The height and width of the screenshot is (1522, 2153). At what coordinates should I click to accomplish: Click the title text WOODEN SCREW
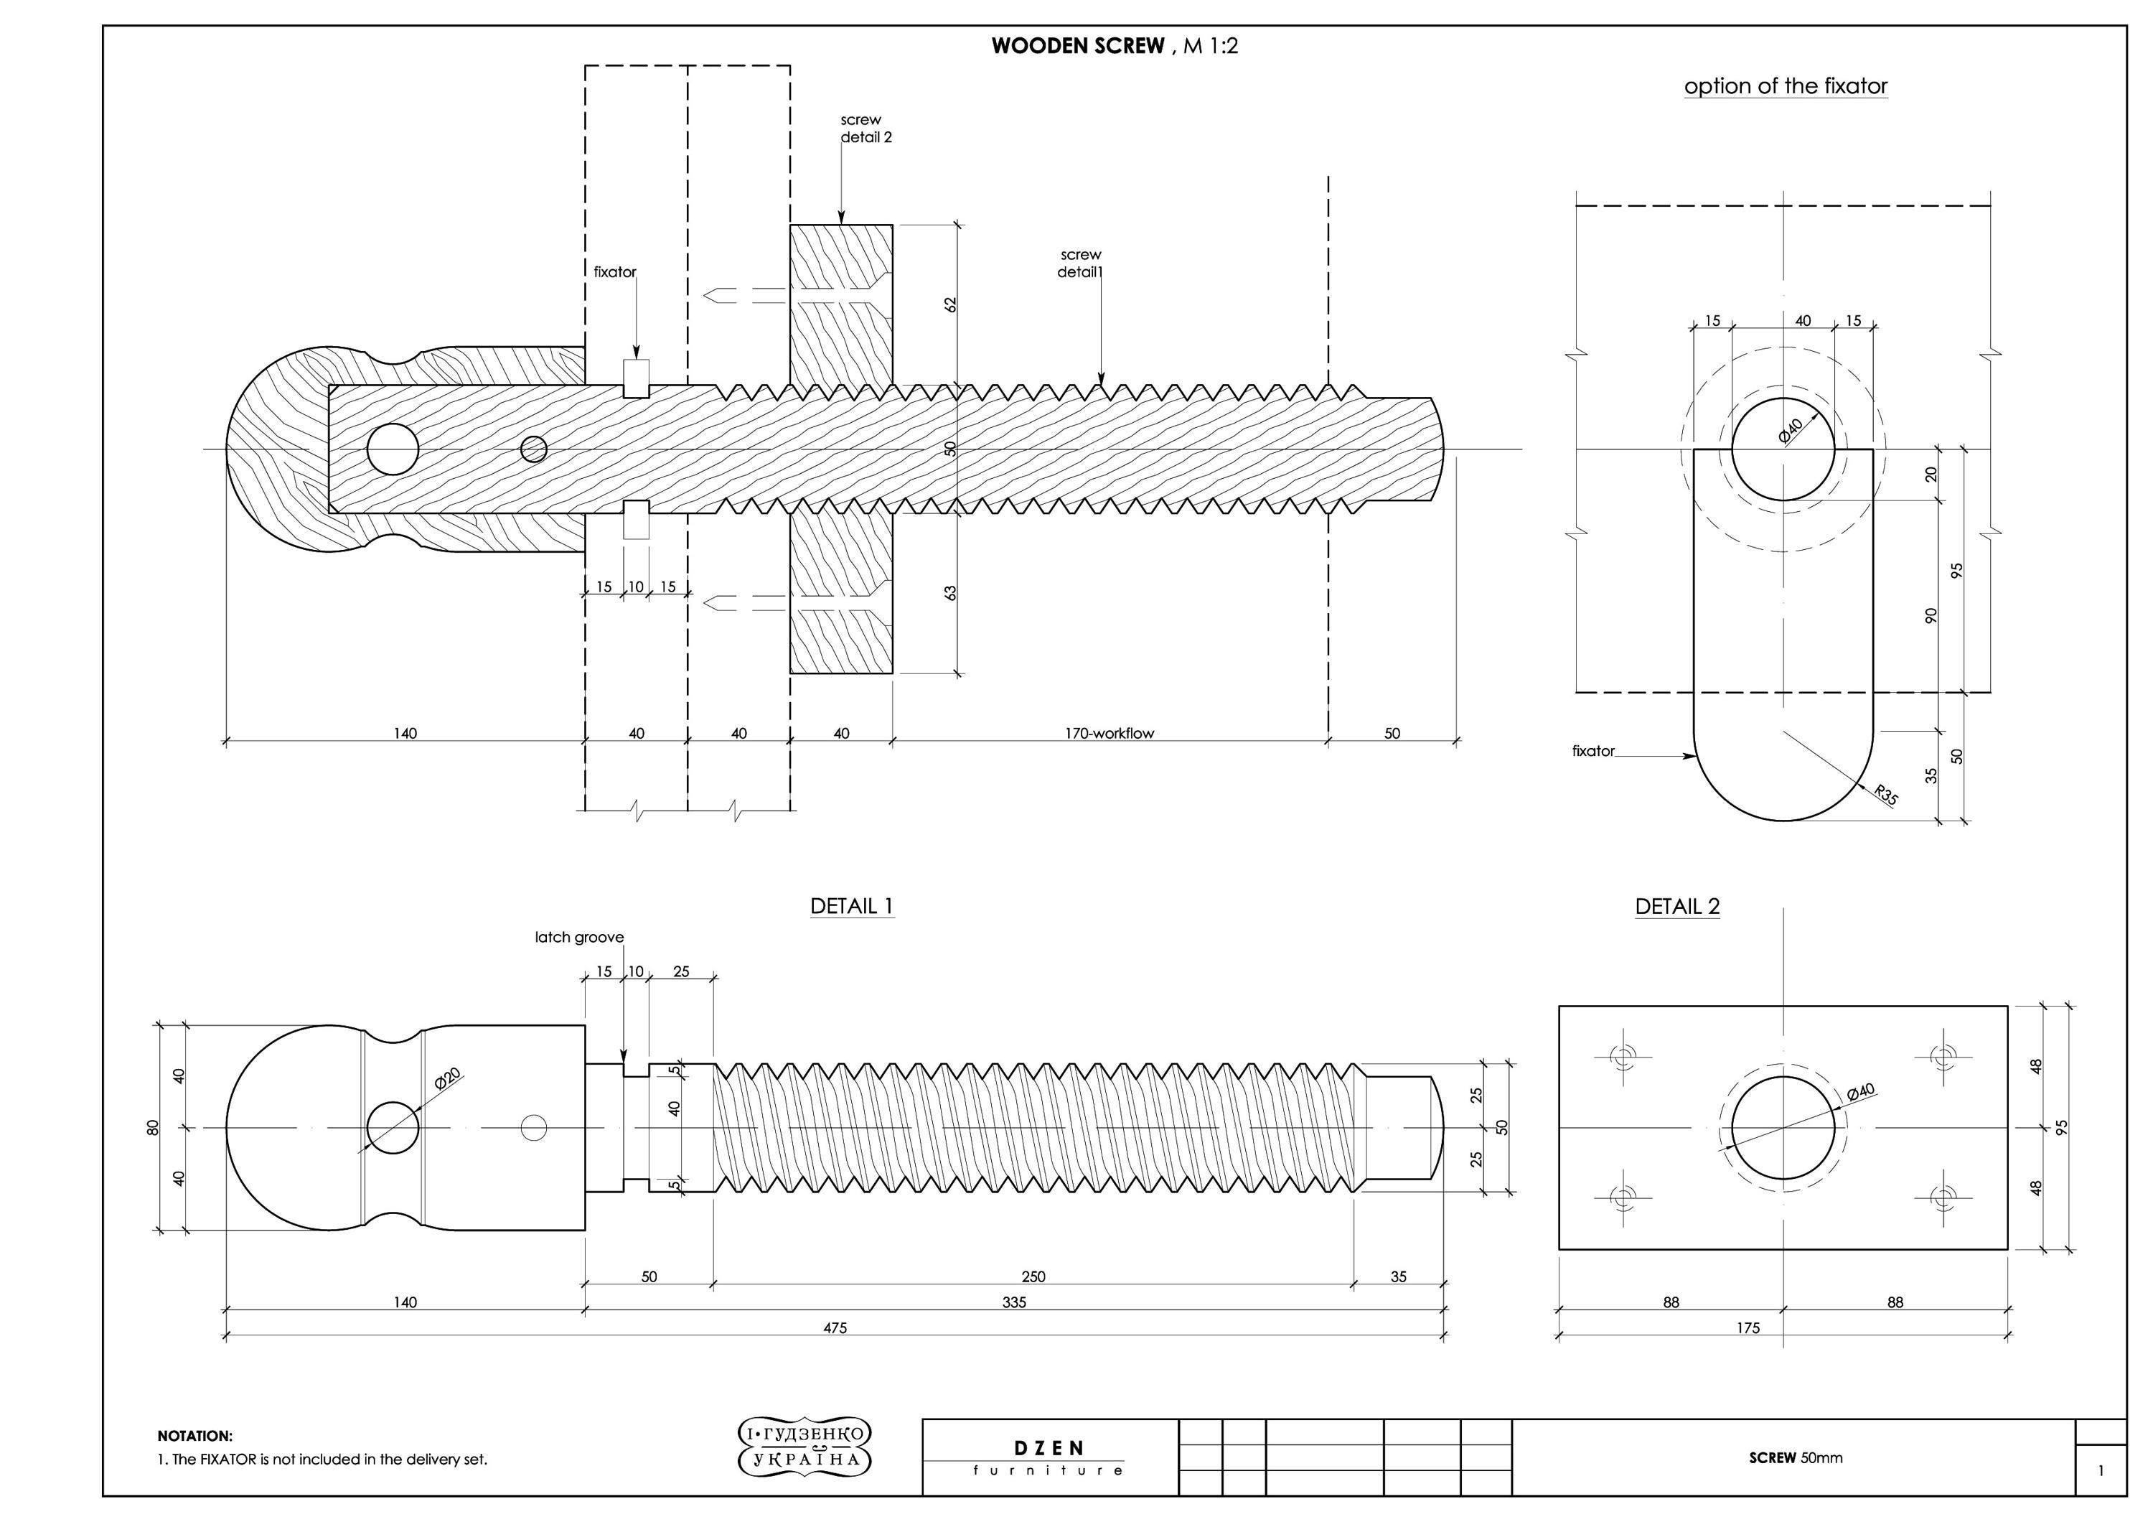tap(1079, 46)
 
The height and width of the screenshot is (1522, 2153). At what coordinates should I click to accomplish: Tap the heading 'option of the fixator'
tap(1786, 86)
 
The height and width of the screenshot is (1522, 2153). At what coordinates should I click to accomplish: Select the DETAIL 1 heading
tap(851, 906)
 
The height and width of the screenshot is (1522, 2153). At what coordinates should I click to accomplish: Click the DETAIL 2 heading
tap(1678, 906)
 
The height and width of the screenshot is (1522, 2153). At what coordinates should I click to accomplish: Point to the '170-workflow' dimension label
tap(1110, 733)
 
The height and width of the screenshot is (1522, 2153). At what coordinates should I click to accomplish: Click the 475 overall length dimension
tap(835, 1328)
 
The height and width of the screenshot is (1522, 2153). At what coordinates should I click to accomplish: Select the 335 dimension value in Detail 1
tap(1013, 1302)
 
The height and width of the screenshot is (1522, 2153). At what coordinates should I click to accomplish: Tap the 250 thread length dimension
tap(1033, 1276)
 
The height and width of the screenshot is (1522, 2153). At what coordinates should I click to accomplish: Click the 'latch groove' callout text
tap(579, 937)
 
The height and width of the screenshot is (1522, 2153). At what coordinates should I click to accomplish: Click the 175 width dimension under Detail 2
tap(1748, 1328)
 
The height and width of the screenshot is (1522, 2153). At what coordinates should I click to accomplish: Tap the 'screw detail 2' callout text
tap(866, 129)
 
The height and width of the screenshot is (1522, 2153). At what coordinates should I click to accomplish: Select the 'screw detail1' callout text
tap(1080, 263)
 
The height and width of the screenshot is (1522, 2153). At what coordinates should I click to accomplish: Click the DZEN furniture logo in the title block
tap(1049, 1457)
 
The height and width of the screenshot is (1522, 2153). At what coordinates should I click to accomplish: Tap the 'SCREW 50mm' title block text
tap(1796, 1458)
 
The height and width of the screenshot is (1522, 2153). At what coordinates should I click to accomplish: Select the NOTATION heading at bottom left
tap(195, 1436)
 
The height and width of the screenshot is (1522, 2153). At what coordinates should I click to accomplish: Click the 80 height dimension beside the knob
tap(153, 1127)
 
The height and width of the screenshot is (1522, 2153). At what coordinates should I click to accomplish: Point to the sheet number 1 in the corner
tap(2101, 1470)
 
